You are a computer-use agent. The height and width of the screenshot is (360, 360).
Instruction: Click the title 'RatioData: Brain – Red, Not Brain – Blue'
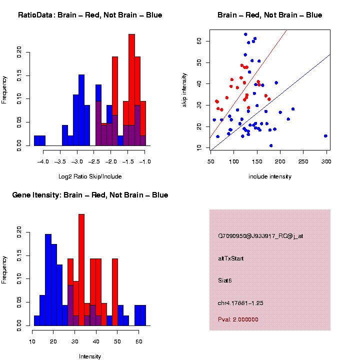click(90, 15)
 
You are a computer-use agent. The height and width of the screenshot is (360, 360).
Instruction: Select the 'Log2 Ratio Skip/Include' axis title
click(90, 176)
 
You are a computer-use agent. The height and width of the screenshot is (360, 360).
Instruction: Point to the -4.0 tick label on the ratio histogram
click(43, 162)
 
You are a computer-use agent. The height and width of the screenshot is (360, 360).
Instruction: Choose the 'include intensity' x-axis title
click(270, 176)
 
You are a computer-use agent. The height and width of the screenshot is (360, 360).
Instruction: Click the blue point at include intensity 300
click(325, 136)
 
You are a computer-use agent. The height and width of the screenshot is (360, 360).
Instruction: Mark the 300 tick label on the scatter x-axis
click(326, 162)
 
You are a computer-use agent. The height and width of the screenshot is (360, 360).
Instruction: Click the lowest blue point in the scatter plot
click(271, 145)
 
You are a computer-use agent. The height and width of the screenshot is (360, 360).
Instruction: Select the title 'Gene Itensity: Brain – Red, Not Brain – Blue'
click(90, 195)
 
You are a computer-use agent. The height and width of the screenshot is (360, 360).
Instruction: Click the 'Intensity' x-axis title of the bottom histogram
click(90, 356)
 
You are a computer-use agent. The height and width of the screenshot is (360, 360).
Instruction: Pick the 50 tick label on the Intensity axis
click(117, 342)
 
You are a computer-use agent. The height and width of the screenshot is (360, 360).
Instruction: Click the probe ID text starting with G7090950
click(260, 236)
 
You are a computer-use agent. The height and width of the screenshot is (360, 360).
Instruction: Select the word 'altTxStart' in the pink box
click(231, 259)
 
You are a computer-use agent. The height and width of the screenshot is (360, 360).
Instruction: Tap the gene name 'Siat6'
click(225, 281)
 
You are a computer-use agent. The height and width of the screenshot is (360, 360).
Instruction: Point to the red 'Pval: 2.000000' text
click(238, 319)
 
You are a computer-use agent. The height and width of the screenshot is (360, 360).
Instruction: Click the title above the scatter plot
click(270, 15)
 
